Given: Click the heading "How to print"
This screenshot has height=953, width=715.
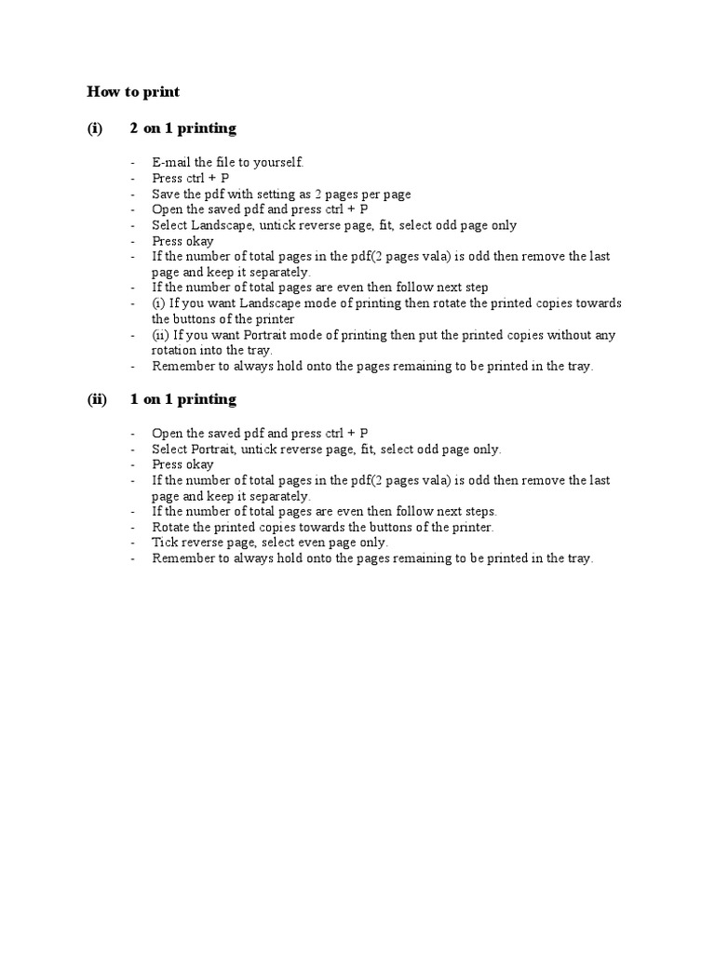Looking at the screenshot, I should pyautogui.click(x=133, y=92).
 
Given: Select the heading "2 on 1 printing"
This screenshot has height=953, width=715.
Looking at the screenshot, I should pyautogui.click(x=182, y=128).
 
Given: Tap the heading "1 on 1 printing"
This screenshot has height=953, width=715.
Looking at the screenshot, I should pyautogui.click(x=182, y=399).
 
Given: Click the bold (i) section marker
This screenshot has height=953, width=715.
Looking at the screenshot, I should pyautogui.click(x=95, y=128).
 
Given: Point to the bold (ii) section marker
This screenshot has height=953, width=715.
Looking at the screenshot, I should pyautogui.click(x=97, y=399).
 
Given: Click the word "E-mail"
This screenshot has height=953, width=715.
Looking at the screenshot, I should pyautogui.click(x=171, y=162).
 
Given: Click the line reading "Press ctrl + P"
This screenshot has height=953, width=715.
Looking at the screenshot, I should pyautogui.click(x=190, y=178).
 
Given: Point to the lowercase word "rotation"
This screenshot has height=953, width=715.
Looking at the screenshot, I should pyautogui.click(x=175, y=351).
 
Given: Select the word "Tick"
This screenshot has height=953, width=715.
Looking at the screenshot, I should pyautogui.click(x=164, y=543).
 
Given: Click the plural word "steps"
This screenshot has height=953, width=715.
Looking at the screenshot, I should pyautogui.click(x=479, y=511).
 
